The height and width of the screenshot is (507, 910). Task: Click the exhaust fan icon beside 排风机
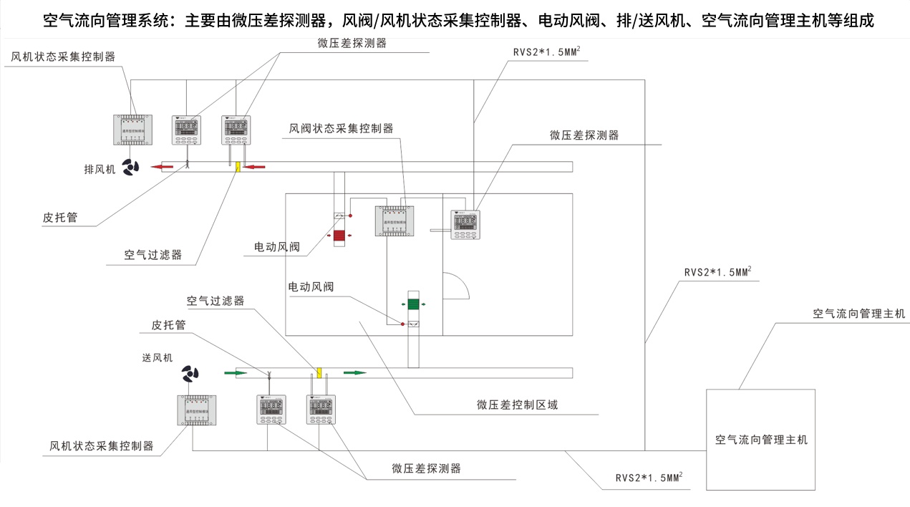coord(131,168)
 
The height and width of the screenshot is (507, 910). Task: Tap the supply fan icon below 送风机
coord(190,374)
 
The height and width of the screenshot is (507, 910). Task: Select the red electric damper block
coord(339,235)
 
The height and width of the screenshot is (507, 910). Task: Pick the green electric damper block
coord(413,304)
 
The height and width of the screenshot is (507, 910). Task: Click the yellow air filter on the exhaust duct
coord(238,167)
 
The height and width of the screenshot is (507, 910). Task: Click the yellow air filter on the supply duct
coord(319,372)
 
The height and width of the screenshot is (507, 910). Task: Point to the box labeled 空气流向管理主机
coord(761,439)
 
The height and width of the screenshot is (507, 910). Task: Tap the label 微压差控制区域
coord(517,405)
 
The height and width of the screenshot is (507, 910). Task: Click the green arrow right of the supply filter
coord(354,372)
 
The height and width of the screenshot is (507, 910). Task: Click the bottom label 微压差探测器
coord(426,468)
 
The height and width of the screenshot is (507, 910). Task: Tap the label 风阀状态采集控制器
coord(341,129)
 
